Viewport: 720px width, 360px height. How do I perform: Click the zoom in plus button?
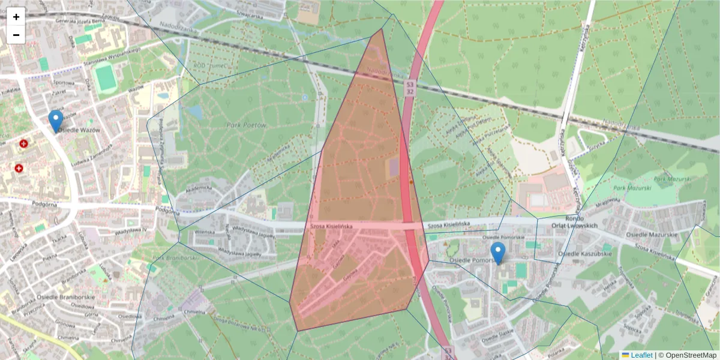[x=16, y=17]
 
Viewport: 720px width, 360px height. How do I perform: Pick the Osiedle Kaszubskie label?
[x=584, y=254]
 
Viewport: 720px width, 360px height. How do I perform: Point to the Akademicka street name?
[x=199, y=188]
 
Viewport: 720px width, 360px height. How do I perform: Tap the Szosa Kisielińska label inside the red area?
[x=331, y=226]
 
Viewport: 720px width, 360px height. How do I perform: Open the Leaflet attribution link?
[x=641, y=355]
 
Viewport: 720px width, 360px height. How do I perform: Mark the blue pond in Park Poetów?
[x=196, y=112]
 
